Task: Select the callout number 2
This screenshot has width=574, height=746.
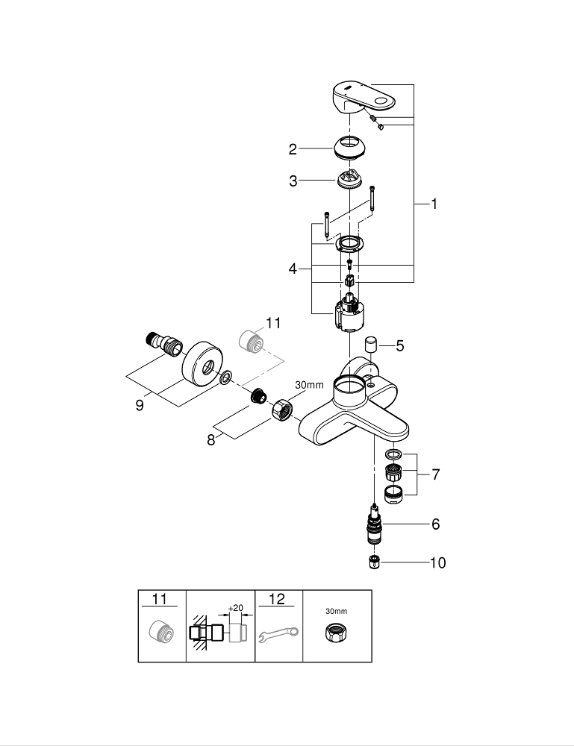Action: [x=293, y=149]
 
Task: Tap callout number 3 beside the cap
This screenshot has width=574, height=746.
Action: [x=293, y=181]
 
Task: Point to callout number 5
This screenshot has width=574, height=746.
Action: [x=400, y=345]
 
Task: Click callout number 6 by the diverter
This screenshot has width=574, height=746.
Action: [x=435, y=524]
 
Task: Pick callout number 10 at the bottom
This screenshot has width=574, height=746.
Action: [x=437, y=562]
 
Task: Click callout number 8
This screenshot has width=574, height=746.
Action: [x=212, y=439]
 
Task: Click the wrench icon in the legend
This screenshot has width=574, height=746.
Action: [x=278, y=635]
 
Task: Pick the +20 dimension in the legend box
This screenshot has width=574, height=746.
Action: [x=235, y=608]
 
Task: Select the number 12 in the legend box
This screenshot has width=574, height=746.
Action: [x=276, y=598]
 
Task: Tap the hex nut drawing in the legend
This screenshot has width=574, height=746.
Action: [x=336, y=635]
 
